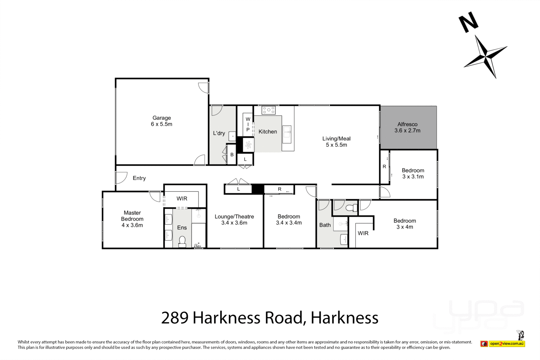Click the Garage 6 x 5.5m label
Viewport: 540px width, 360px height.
click(161, 121)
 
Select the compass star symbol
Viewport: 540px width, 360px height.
click(485, 57)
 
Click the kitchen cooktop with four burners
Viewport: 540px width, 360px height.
click(269, 110)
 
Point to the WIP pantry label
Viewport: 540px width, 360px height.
click(248, 124)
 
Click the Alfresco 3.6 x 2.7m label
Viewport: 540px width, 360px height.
click(407, 127)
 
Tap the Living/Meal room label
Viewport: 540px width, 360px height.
click(336, 141)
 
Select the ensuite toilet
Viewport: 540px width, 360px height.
click(182, 242)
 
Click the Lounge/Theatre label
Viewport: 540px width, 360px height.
click(234, 219)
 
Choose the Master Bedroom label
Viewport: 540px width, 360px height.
click(132, 219)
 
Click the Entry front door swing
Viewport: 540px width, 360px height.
click(120, 178)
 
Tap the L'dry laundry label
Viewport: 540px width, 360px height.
click(219, 133)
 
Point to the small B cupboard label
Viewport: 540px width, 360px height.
click(232, 155)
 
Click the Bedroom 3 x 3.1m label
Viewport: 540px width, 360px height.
click(413, 173)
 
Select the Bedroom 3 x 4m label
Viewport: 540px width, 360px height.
click(405, 224)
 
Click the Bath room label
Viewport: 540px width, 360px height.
click(325, 225)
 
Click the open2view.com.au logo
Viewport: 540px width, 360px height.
click(506, 343)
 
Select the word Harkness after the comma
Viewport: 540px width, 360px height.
click(344, 317)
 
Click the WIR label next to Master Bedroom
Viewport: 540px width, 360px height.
click(182, 198)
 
